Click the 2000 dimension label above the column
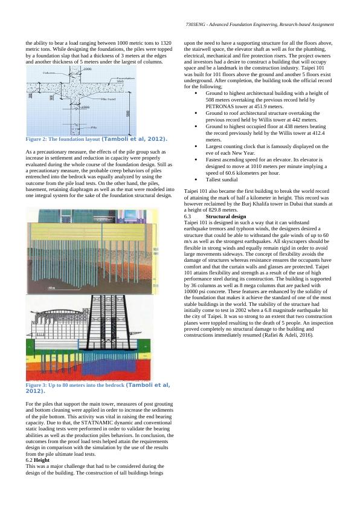[x=87, y=69]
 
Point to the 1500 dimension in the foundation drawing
[x=86, y=107]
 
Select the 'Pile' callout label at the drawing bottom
[x=94, y=127]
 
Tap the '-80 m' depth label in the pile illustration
[x=51, y=288]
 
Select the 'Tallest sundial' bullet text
[x=222, y=180]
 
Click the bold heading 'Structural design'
[x=226, y=216]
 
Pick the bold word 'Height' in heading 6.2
[x=42, y=460]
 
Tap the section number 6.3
[x=187, y=216]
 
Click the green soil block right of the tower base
[x=144, y=345]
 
